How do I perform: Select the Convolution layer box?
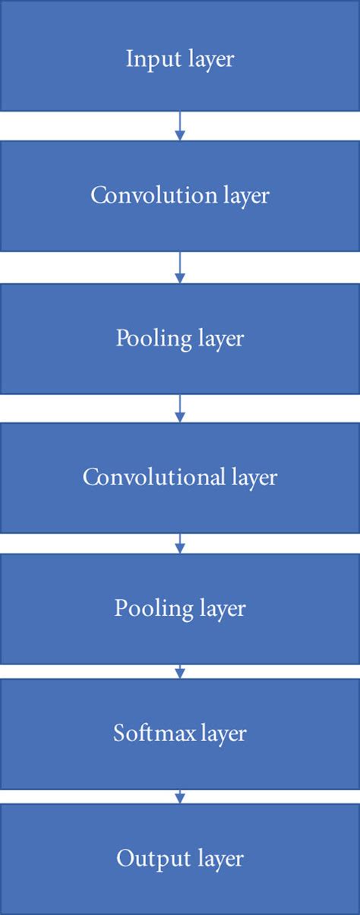click(180, 196)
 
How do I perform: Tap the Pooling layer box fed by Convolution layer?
click(180, 338)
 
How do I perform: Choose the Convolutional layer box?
click(180, 478)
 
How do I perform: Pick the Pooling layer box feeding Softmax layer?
click(180, 608)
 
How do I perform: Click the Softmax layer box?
click(180, 734)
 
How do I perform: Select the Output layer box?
click(180, 859)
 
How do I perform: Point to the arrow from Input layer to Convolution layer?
click(180, 126)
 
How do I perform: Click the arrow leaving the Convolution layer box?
click(180, 267)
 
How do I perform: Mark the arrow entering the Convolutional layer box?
click(180, 409)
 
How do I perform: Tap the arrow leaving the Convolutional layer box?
click(180, 544)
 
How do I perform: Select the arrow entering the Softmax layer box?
click(180, 671)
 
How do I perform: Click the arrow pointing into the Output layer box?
click(180, 797)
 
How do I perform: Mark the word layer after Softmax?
click(223, 734)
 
